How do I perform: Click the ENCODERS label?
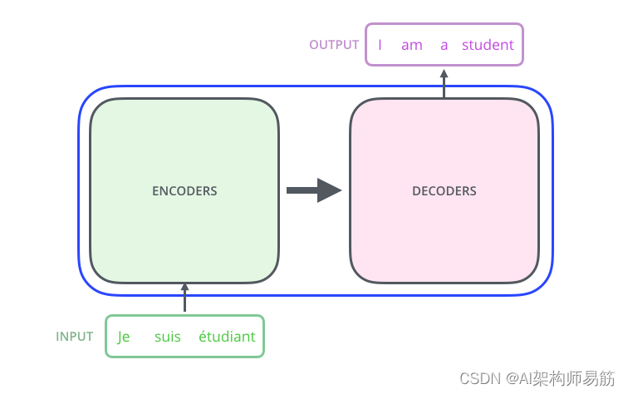(x=184, y=191)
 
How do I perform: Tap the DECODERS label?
(x=444, y=191)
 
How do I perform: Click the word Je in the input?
(x=124, y=337)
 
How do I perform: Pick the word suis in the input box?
(x=168, y=337)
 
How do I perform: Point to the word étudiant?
(x=227, y=337)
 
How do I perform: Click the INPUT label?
(x=75, y=337)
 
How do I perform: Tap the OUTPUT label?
(x=334, y=45)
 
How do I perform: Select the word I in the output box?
(x=380, y=45)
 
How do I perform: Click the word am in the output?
(x=412, y=45)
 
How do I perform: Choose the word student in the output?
(x=488, y=45)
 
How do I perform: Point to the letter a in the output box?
(x=444, y=45)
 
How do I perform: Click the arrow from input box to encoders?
(x=184, y=298)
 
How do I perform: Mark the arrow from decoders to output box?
(x=444, y=83)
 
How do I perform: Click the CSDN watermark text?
(x=478, y=378)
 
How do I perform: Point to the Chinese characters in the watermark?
(x=573, y=378)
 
